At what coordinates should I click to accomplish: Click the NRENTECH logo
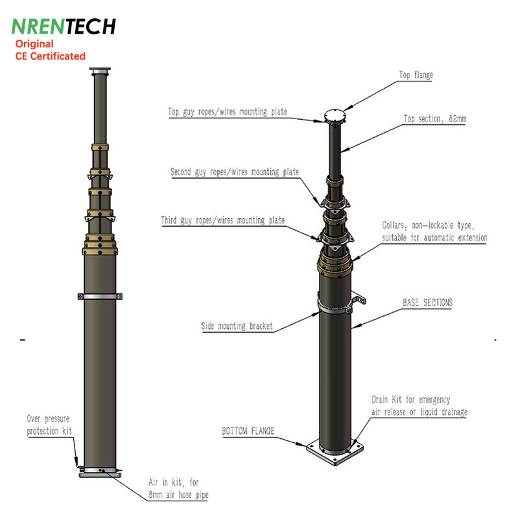[64, 26]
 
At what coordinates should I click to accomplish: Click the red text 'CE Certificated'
[51, 56]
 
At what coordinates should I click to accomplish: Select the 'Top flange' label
[416, 75]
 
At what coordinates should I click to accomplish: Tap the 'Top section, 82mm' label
[434, 118]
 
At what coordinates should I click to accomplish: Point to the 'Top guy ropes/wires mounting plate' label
[228, 111]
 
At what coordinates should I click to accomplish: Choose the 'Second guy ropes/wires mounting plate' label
[235, 172]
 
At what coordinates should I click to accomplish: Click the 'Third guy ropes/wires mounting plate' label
[223, 220]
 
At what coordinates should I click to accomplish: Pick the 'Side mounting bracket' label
[237, 326]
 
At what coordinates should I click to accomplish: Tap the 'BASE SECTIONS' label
[427, 302]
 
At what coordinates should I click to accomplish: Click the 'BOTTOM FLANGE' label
[248, 431]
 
